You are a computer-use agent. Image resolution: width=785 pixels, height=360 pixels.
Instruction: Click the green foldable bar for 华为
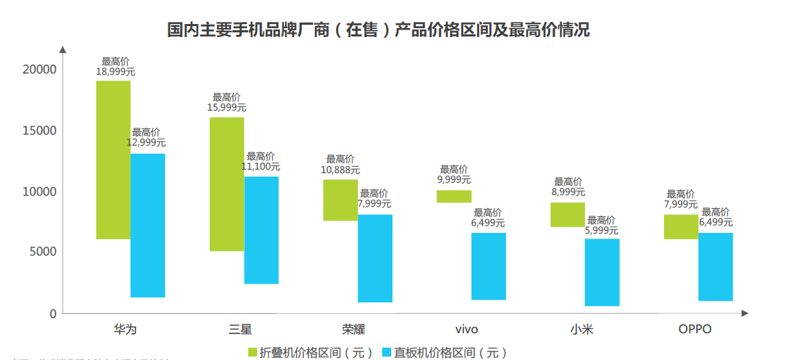(113, 160)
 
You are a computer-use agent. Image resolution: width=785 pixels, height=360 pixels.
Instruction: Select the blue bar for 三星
(261, 230)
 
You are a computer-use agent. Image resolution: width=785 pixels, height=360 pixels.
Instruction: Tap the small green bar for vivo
(454, 196)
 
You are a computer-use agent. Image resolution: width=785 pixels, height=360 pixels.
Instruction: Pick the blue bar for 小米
(602, 272)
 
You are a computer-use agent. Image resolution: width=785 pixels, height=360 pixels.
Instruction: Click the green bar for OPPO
(681, 227)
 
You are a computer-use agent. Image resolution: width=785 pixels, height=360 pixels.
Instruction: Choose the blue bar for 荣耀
(375, 258)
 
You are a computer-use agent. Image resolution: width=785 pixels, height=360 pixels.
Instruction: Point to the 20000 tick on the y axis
(39, 69)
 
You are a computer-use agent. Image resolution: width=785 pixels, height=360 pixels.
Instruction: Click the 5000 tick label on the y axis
(43, 252)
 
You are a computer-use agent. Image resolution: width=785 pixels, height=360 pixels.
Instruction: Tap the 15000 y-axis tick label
(39, 131)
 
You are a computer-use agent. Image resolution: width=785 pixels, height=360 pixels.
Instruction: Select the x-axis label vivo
(466, 329)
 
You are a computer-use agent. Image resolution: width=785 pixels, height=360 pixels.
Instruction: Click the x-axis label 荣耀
(353, 329)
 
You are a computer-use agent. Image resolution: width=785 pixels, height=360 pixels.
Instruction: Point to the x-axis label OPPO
(695, 329)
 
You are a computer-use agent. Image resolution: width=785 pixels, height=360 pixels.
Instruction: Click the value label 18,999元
(115, 71)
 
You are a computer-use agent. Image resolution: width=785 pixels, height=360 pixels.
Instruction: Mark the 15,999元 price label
(226, 107)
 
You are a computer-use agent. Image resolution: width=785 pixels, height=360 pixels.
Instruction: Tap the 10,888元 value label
(340, 169)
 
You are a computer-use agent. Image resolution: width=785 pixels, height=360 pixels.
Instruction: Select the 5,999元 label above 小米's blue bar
(601, 231)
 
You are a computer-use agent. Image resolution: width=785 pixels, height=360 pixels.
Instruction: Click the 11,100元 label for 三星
(261, 166)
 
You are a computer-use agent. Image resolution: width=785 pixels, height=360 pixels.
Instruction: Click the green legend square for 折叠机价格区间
(252, 352)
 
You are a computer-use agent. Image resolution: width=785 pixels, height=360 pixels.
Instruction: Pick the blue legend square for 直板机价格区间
(386, 352)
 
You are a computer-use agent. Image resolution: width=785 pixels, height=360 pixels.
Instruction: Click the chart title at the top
(379, 30)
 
